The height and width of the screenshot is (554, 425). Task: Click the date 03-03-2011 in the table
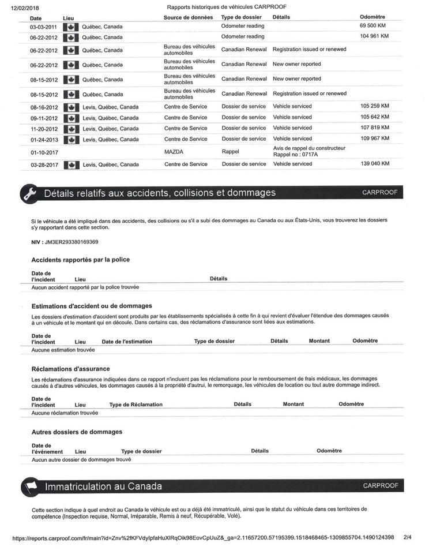pos(44,27)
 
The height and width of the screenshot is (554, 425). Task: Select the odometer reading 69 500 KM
pos(374,26)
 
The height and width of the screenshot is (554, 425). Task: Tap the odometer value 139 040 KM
pos(375,164)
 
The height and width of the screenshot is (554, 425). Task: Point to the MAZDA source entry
pos(175,152)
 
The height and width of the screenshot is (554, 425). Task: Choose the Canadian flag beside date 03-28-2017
pos(71,164)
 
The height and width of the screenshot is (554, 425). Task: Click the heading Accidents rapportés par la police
pos(80,260)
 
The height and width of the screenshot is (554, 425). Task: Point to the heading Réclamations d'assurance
pos(70,368)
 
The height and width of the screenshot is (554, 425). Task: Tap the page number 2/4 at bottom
pos(408,538)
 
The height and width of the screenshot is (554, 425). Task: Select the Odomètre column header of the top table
pos(372,17)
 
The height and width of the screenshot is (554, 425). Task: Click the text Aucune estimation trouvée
pos(63,350)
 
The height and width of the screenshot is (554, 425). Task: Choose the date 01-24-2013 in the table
pos(44,139)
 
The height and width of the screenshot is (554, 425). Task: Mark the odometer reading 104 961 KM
pos(374,36)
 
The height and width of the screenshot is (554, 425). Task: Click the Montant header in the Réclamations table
pos(293,405)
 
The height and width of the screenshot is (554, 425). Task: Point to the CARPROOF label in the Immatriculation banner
pos(381,486)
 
